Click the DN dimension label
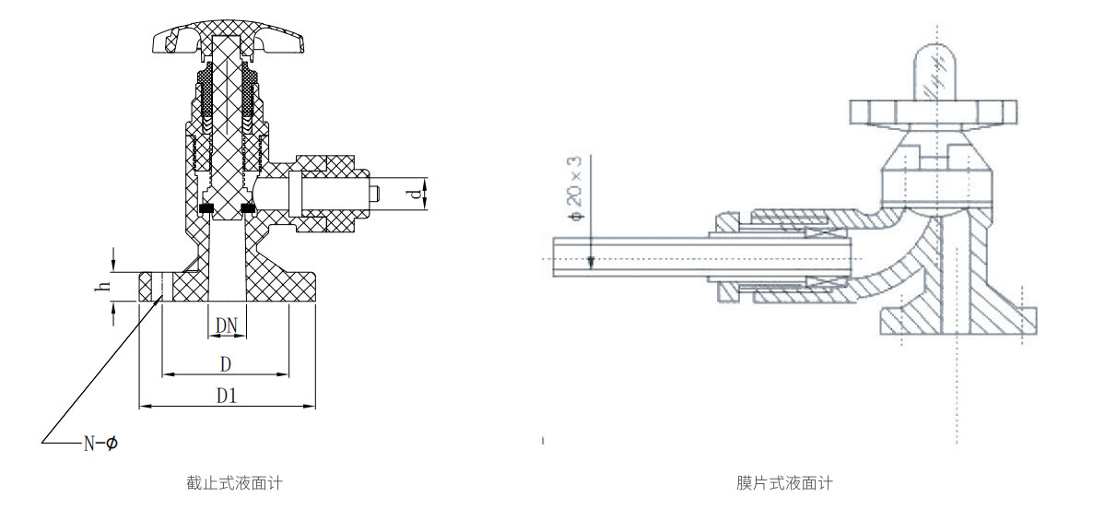pos(228,326)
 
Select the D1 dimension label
pos(227,397)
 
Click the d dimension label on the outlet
pos(417,194)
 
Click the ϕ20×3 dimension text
pos(575,189)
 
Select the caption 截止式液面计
pos(233,482)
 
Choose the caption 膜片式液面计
pos(784,482)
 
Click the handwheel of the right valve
pos(933,111)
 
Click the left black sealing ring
pos(206,207)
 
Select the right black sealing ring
pos(248,207)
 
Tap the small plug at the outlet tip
pos(373,193)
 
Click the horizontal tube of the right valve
pos(700,256)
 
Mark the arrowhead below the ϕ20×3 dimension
pos(591,262)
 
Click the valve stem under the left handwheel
pos(228,125)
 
